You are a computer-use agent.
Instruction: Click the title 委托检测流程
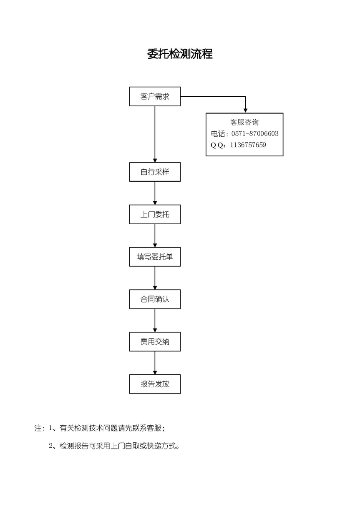(180, 54)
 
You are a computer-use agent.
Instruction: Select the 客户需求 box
(155, 96)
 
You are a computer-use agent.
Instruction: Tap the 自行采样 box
(155, 172)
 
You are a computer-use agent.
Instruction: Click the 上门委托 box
(155, 214)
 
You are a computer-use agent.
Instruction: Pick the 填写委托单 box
(155, 257)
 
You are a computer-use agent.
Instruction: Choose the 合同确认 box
(155, 299)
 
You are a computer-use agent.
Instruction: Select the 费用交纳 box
(155, 341)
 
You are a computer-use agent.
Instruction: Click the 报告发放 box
(155, 384)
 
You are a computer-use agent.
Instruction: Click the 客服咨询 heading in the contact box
(244, 122)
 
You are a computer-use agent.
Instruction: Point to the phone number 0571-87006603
(255, 133)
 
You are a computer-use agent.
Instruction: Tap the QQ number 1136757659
(248, 145)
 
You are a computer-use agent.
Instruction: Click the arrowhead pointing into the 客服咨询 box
(245, 110)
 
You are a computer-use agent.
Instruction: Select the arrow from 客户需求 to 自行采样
(155, 134)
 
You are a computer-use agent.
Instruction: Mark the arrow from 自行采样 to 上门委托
(155, 193)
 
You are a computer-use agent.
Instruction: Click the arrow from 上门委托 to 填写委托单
(155, 236)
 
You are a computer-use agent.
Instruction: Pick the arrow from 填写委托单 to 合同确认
(155, 278)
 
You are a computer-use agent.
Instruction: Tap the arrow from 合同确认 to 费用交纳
(155, 321)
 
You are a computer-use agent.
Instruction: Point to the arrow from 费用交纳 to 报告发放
(155, 363)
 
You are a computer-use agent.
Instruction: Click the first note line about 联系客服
(100, 428)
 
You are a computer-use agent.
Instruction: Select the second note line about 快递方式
(114, 446)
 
